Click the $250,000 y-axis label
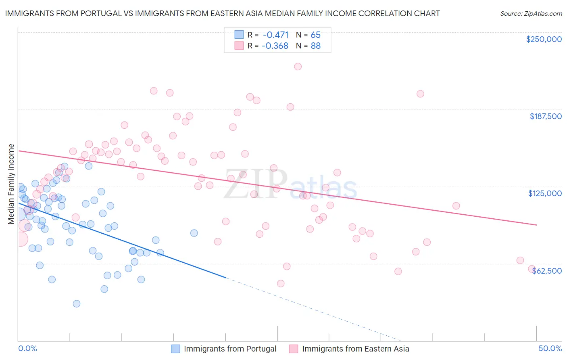[544, 39]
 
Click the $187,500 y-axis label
[545, 116]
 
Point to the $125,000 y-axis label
[545, 193]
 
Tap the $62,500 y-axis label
[547, 271]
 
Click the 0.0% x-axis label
[27, 348]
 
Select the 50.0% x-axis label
[550, 348]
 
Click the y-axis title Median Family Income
[11, 184]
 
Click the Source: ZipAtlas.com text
[531, 13]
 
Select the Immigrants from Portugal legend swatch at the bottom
[175, 349]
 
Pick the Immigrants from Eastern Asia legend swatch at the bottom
[294, 349]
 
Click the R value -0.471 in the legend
[275, 35]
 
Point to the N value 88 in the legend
[315, 46]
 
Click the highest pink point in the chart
[298, 67]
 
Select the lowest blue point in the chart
[76, 303]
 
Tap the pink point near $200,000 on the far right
[420, 94]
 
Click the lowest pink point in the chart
[281, 283]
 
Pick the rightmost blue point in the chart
[194, 233]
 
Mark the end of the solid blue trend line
[225, 278]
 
